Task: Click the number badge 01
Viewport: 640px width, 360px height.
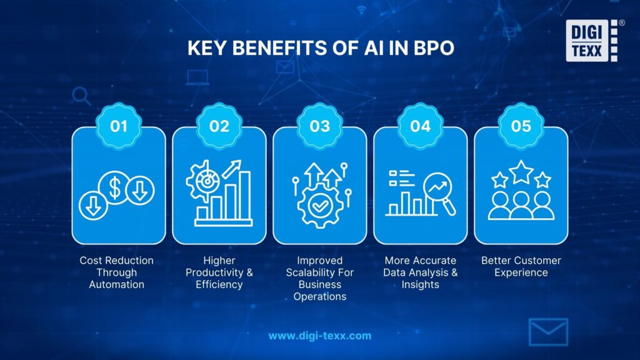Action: point(119,126)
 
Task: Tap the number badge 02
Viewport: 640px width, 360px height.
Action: point(219,126)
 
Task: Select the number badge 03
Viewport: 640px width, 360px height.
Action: point(320,126)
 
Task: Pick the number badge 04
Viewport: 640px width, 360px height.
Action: point(421,126)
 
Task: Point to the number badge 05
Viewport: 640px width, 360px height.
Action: point(521,126)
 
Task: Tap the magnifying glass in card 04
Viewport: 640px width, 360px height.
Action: point(439,189)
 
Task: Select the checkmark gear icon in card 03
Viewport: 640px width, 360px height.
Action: point(320,204)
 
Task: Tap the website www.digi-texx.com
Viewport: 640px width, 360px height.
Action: point(320,336)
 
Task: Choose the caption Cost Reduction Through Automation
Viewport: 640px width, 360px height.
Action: point(116,272)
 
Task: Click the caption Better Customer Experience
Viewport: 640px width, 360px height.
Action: point(521,266)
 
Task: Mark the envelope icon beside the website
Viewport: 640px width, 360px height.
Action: point(548,331)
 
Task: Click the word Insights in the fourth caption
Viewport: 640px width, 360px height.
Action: point(421,284)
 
